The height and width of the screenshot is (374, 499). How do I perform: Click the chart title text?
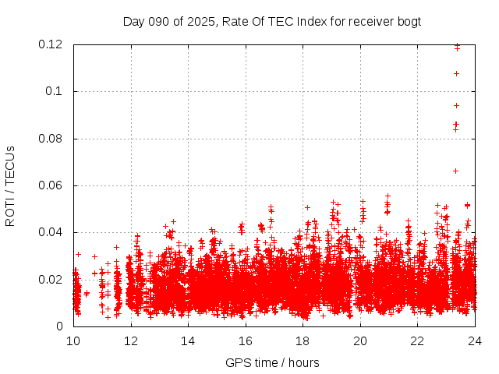(x=272, y=21)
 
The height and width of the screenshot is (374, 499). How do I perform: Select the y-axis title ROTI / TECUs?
(x=10, y=185)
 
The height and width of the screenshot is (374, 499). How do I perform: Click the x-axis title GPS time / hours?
(x=272, y=362)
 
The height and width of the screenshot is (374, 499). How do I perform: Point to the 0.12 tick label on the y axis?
(x=51, y=44)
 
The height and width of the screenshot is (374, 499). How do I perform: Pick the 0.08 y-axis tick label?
(x=51, y=139)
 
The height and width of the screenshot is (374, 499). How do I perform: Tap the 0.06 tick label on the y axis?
(x=51, y=185)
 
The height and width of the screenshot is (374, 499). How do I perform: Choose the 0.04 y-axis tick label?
(x=51, y=232)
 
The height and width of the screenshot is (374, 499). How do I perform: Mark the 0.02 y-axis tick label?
(x=51, y=280)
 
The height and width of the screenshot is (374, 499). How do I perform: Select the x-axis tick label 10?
(x=73, y=340)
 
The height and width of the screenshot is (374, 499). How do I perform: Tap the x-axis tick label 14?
(x=188, y=340)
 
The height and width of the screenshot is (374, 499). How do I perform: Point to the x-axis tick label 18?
(x=303, y=340)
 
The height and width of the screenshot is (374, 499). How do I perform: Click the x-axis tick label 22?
(x=417, y=340)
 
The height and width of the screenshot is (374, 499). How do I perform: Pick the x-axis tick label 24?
(x=475, y=340)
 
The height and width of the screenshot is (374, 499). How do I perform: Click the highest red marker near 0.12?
(x=457, y=45)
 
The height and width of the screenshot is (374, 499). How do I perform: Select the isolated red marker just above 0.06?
(x=455, y=171)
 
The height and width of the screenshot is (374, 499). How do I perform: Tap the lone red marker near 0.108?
(x=456, y=73)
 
